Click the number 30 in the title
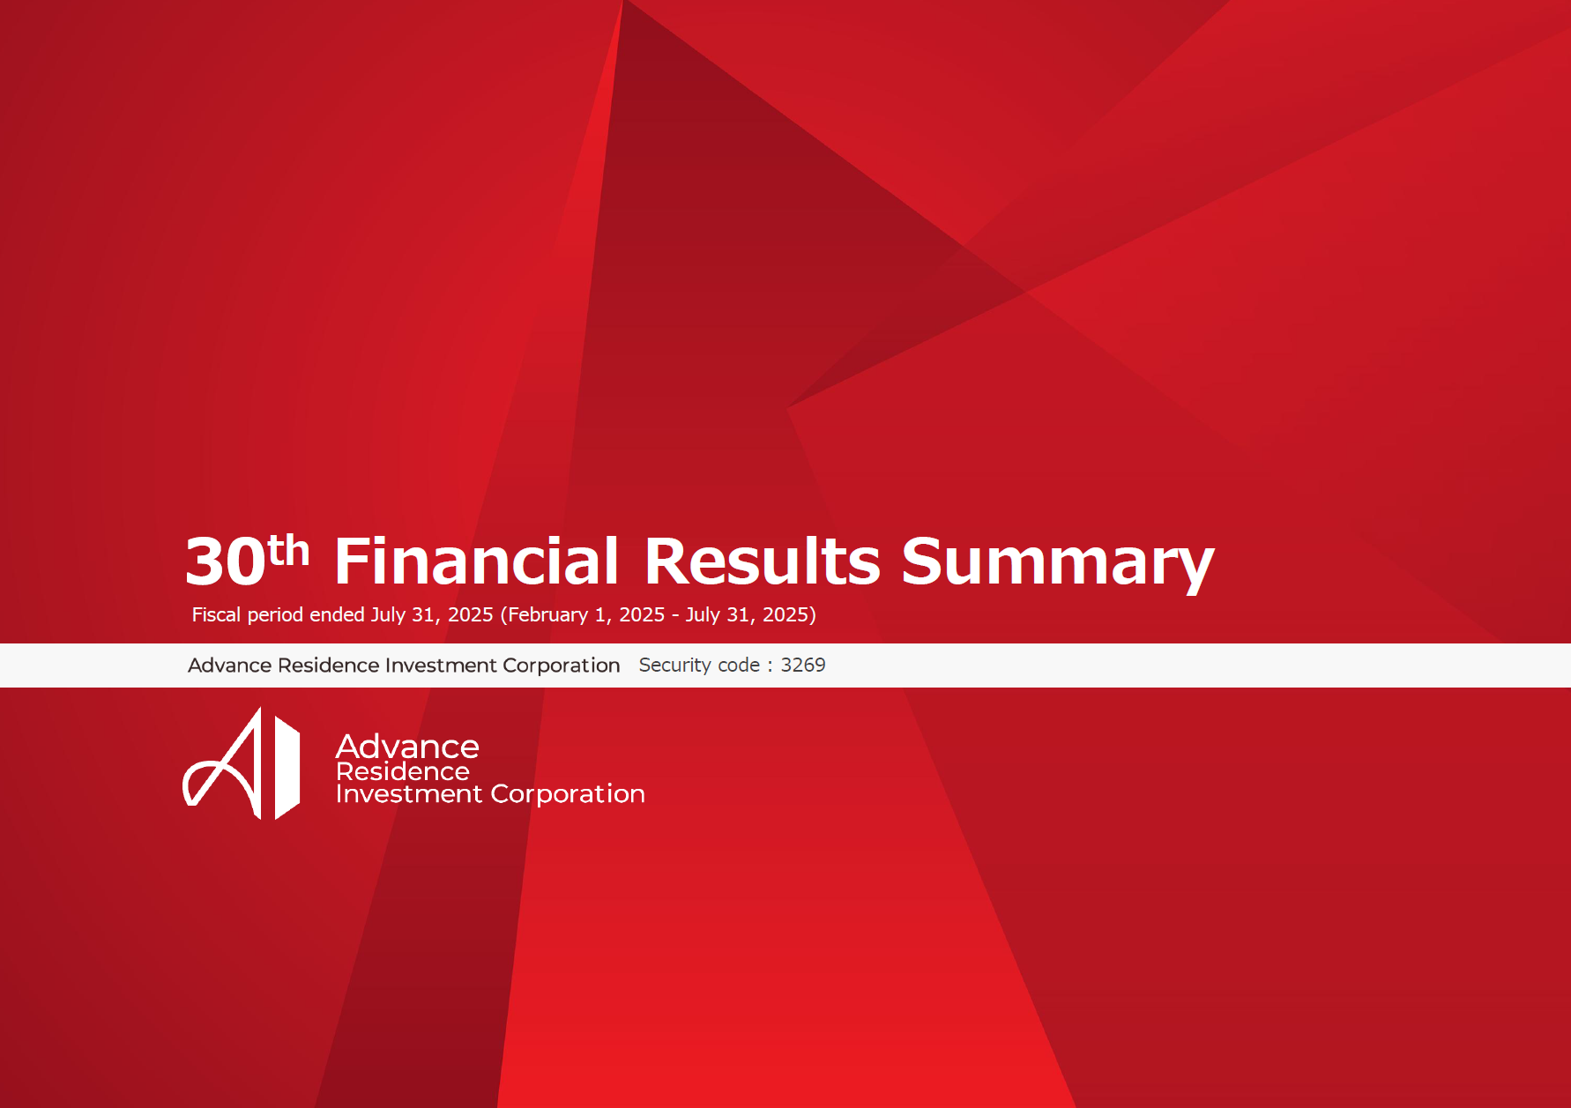225,561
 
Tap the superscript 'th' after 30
288,551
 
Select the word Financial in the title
477,561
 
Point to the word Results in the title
762,561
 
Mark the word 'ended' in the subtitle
337,614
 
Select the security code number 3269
803,665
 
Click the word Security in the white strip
675,666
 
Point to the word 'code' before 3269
739,666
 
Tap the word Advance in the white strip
229,666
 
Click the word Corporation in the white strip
561,666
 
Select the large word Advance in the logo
407,747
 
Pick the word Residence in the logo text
403,771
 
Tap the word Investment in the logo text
410,793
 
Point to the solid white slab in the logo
287,767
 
